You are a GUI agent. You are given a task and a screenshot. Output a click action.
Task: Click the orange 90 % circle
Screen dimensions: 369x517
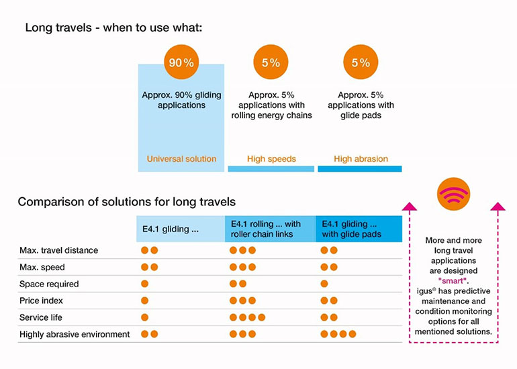point(181,62)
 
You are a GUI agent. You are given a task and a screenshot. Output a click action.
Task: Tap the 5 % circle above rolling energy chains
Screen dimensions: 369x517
point(270,62)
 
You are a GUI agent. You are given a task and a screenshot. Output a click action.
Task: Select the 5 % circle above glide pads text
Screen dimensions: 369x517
point(360,62)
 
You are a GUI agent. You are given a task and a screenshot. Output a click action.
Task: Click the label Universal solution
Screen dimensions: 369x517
point(181,159)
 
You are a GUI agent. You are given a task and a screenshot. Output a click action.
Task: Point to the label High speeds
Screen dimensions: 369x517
point(271,159)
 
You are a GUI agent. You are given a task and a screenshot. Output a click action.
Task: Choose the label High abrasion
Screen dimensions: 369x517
point(361,159)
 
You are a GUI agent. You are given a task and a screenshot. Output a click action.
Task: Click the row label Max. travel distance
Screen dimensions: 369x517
point(58,250)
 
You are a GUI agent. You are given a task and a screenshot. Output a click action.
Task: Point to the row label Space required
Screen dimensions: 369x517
point(49,284)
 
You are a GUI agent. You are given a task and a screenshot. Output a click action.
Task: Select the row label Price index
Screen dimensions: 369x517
point(43,301)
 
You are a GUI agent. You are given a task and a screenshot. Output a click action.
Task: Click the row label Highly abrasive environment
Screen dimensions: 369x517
point(75,333)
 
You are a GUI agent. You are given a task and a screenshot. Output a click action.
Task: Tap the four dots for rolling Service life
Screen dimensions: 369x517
point(247,317)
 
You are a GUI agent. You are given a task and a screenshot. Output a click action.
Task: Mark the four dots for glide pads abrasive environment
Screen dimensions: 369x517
point(338,333)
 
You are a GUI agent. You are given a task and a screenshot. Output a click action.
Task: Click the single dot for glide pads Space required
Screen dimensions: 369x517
point(324,284)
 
